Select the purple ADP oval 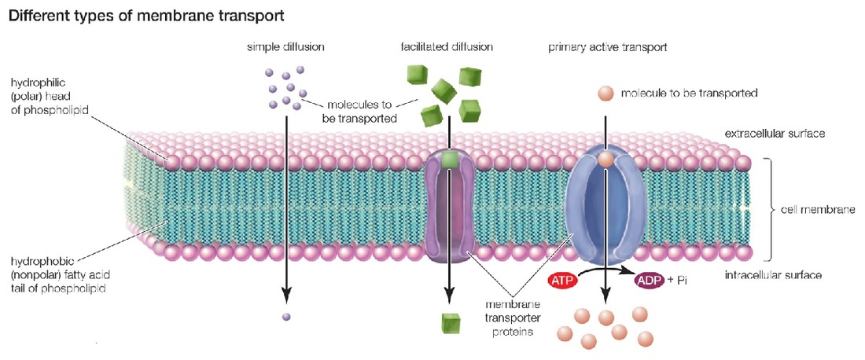[649, 281]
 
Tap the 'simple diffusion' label [285, 47]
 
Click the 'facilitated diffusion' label [447, 47]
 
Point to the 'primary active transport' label [608, 47]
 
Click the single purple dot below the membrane [286, 318]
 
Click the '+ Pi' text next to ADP [677, 281]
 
